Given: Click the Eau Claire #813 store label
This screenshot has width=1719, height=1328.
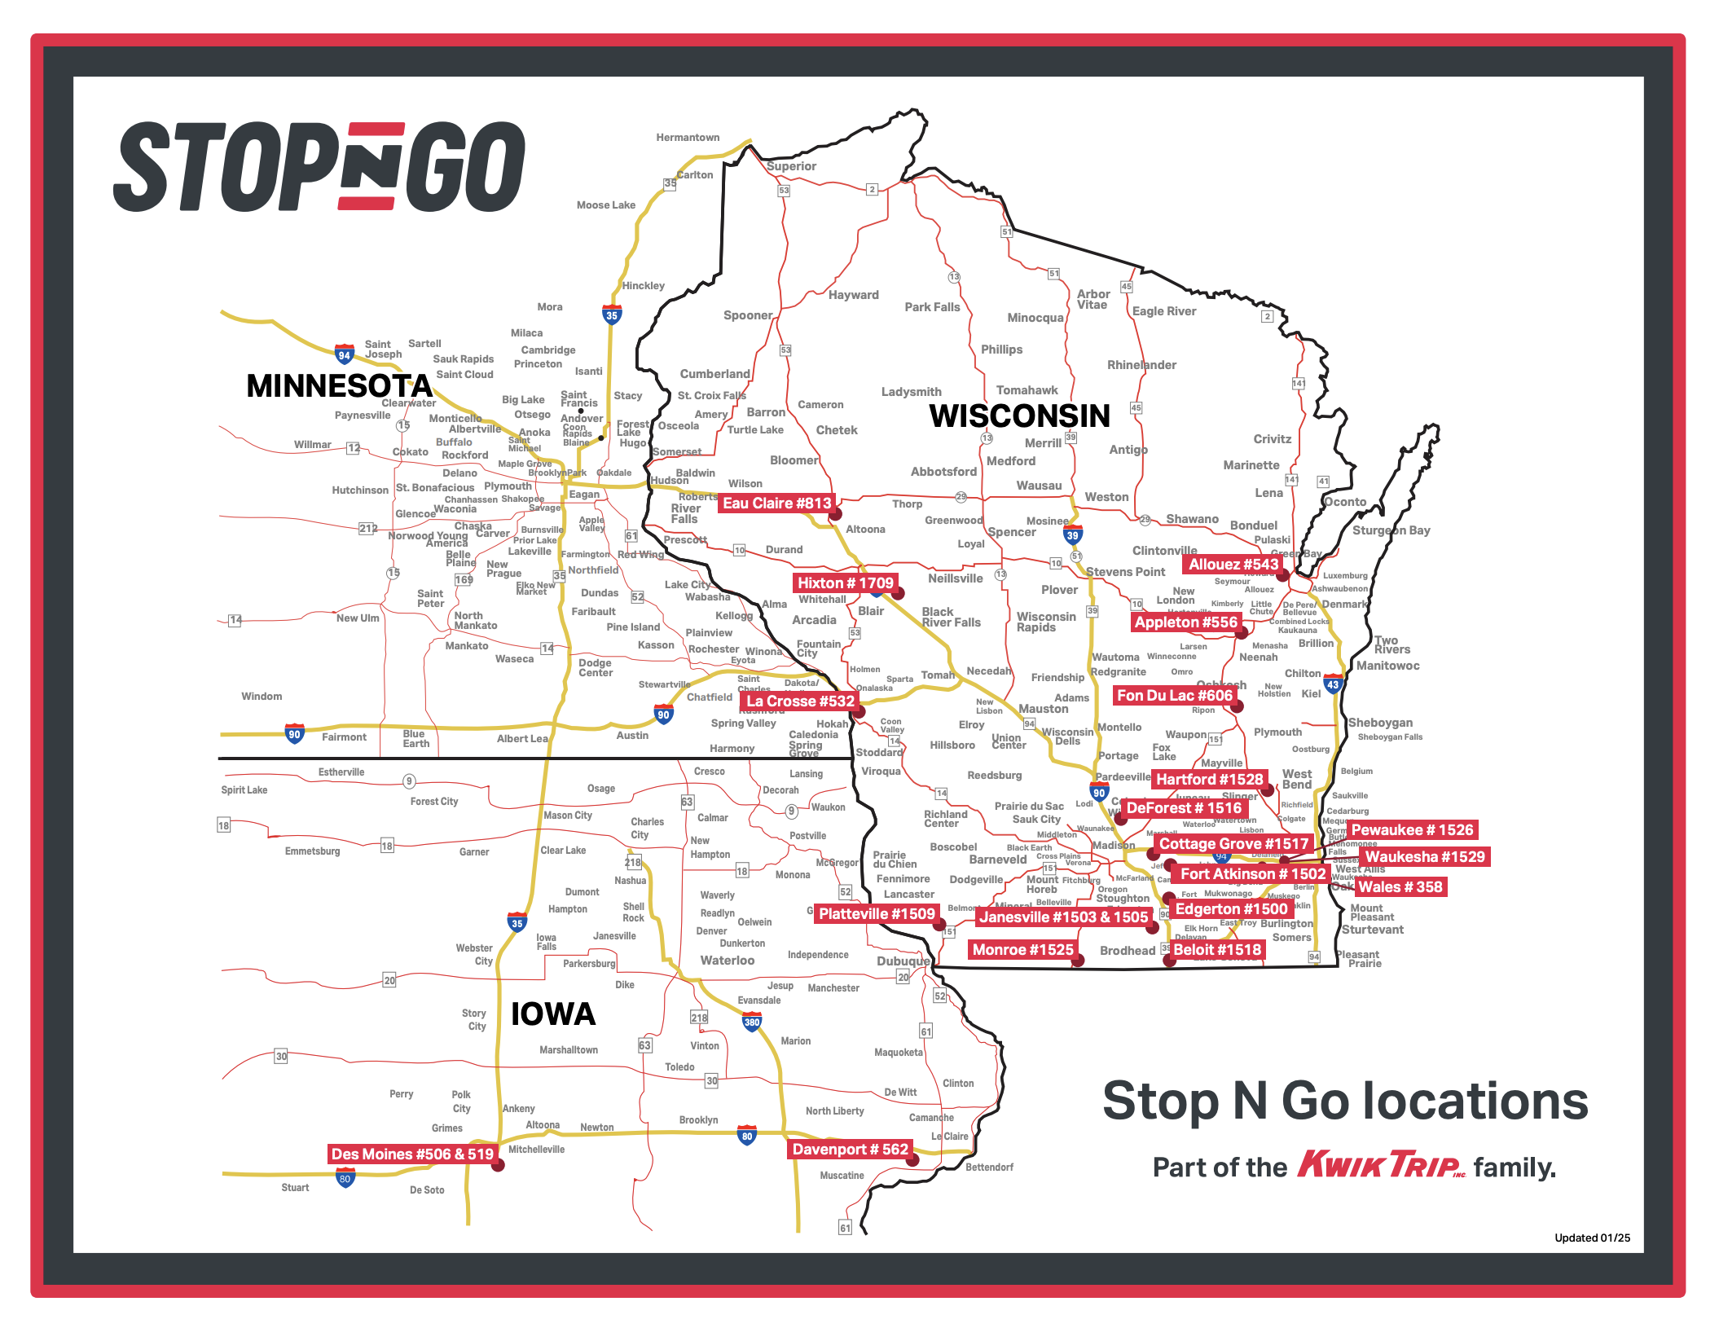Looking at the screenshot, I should point(776,503).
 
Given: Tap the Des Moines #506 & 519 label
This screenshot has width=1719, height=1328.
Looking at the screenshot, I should point(412,1154).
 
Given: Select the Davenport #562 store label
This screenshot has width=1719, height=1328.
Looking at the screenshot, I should point(850,1150).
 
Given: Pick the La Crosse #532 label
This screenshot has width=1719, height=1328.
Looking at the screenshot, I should point(800,701).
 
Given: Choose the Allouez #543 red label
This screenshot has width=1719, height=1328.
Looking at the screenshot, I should point(1233,565).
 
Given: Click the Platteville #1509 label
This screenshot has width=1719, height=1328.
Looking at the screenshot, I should point(877,914).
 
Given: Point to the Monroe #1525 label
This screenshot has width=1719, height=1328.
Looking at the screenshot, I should point(1022,950).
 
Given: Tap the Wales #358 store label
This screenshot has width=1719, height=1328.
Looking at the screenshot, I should point(1400,887).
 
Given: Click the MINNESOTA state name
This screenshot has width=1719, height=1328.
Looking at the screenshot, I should point(339,385).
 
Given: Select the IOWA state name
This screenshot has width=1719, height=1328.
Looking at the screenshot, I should point(553,1014).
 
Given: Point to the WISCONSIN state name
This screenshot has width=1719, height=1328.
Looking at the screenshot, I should point(1019,416).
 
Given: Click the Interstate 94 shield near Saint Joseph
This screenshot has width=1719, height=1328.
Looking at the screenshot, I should point(345,354).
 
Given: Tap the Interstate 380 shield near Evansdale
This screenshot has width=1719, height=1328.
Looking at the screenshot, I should point(752,1022).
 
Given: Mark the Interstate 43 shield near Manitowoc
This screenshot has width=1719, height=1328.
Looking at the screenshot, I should point(1333,684).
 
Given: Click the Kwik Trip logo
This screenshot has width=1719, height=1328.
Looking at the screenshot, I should point(1381,1164).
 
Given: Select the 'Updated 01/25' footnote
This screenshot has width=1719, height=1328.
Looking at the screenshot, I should point(1592,1238).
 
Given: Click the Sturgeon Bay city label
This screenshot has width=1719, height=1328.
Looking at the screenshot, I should point(1391,530).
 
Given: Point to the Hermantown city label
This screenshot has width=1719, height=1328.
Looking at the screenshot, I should point(688,138).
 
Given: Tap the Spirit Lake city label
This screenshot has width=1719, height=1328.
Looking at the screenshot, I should point(244,790).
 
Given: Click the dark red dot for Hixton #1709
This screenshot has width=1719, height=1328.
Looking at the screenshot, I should point(899,594).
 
